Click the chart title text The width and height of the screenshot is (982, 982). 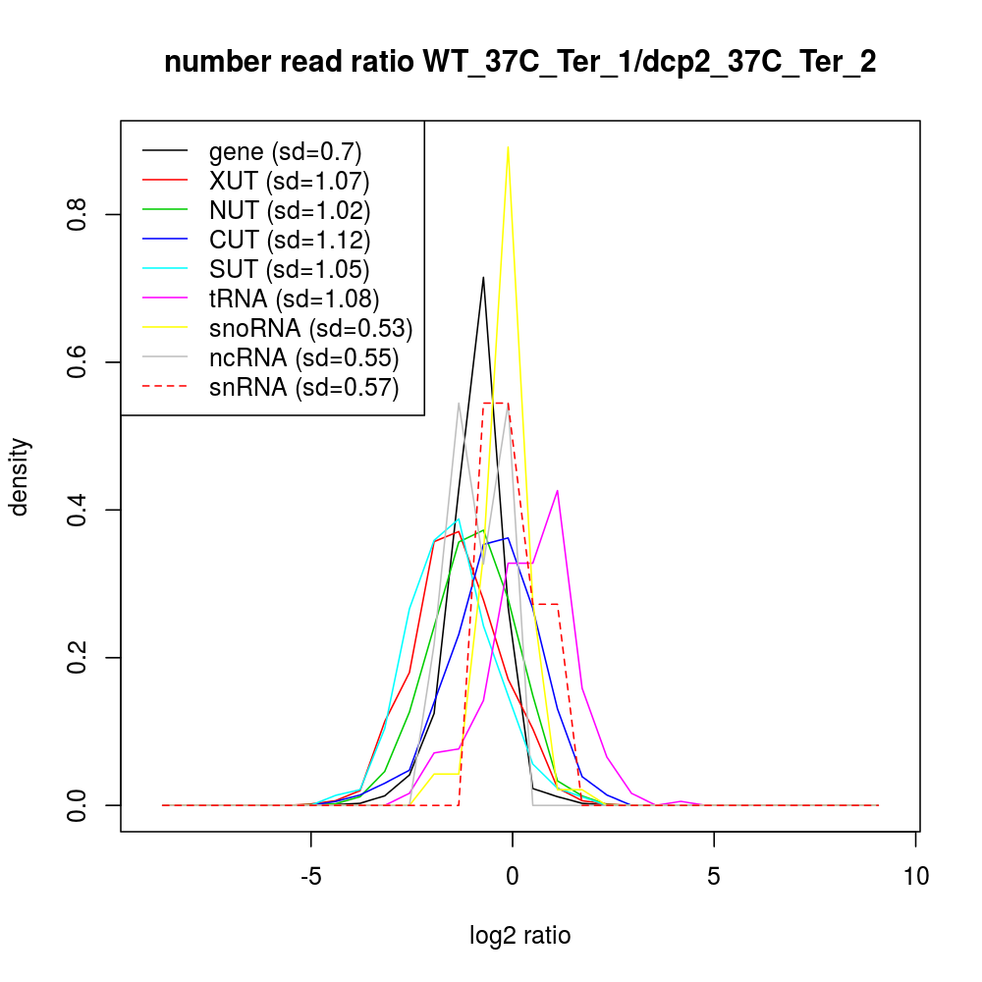pyautogui.click(x=519, y=62)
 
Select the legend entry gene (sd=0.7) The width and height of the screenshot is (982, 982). pyautogui.click(x=285, y=151)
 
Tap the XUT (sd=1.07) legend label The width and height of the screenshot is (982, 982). pyautogui.click(x=289, y=181)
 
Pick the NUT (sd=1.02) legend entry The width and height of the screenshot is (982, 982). pyautogui.click(x=290, y=210)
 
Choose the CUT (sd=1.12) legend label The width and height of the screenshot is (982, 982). pyautogui.click(x=290, y=240)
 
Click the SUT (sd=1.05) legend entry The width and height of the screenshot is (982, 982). pyautogui.click(x=290, y=269)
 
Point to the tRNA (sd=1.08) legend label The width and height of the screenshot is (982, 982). pyautogui.click(x=294, y=299)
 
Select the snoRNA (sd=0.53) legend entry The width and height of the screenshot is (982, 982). pyautogui.click(x=310, y=328)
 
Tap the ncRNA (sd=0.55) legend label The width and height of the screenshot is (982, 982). pyautogui.click(x=303, y=357)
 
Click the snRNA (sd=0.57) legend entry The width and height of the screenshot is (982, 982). pyautogui.click(x=303, y=388)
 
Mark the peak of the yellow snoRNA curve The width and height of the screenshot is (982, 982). pyautogui.click(x=508, y=147)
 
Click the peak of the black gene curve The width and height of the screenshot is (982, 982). pyautogui.click(x=483, y=277)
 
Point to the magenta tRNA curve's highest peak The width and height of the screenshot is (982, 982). pyautogui.click(x=558, y=490)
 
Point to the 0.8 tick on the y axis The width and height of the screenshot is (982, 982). pyautogui.click(x=79, y=214)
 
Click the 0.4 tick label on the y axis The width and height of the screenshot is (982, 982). pyautogui.click(x=79, y=510)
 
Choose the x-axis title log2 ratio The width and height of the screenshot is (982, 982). pyautogui.click(x=519, y=936)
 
